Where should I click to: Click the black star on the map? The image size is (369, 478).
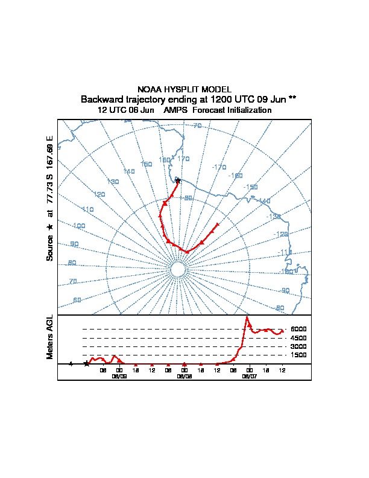(177, 180)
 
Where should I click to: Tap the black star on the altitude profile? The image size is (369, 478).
(87, 363)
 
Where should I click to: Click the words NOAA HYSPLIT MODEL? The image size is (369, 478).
(184, 89)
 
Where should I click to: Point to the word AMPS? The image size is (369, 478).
(175, 110)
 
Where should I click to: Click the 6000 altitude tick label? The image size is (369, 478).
(298, 330)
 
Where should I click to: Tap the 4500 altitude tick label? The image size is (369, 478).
(298, 338)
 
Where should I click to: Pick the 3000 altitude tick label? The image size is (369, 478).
(298, 347)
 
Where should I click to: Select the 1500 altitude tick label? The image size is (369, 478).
(298, 355)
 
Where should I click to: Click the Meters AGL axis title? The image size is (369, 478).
(50, 337)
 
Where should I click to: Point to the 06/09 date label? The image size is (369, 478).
(119, 375)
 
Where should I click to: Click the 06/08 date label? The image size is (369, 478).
(184, 375)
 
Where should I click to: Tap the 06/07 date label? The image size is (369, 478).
(249, 375)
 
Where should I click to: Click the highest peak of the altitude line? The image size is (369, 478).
(247, 317)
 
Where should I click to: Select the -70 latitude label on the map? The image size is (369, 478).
(197, 126)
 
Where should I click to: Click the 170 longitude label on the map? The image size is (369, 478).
(183, 159)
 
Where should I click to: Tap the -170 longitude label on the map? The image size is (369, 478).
(219, 167)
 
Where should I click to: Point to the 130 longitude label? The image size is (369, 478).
(112, 182)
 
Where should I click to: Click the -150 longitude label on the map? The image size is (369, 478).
(251, 187)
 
